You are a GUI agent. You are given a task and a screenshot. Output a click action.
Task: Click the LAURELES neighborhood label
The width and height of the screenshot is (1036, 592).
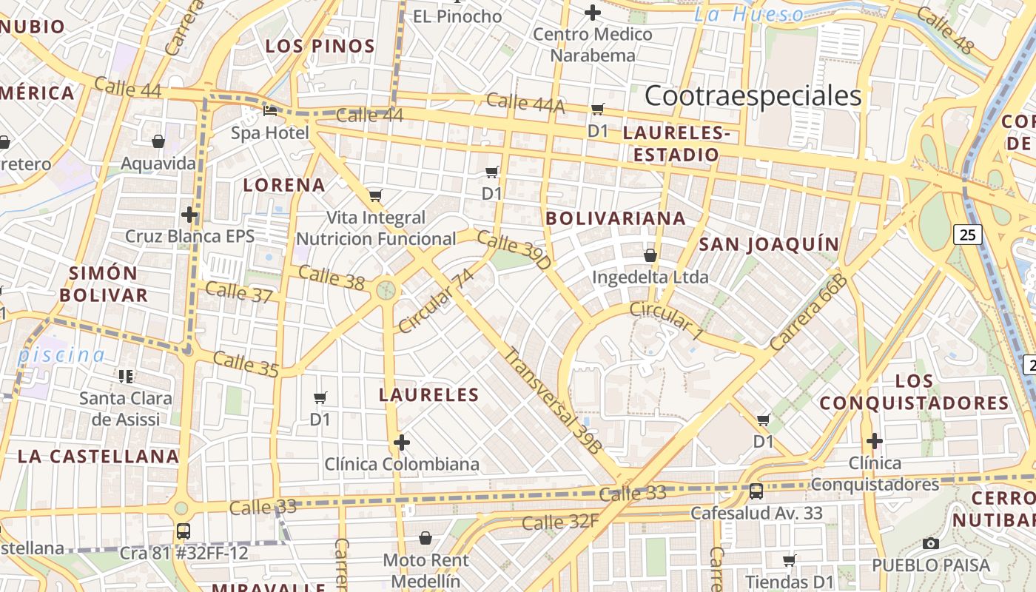(429, 394)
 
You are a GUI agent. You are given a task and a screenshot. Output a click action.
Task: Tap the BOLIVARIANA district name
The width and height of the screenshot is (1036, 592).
(616, 218)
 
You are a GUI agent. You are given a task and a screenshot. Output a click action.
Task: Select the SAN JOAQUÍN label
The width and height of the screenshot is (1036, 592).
(770, 244)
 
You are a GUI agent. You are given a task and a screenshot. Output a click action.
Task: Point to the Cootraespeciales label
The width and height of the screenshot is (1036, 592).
(753, 96)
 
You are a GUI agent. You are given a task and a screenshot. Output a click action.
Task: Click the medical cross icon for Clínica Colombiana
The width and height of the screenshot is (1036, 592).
(402, 443)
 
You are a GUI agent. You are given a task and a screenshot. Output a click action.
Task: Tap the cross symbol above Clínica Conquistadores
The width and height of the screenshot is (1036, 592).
(875, 441)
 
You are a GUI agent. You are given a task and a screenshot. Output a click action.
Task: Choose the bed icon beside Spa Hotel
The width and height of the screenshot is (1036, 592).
(270, 111)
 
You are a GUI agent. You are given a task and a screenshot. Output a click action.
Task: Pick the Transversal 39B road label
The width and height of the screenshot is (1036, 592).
(553, 400)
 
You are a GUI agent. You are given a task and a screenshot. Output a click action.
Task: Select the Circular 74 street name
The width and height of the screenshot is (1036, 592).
(435, 301)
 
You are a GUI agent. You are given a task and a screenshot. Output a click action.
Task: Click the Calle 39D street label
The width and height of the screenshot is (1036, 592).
(514, 249)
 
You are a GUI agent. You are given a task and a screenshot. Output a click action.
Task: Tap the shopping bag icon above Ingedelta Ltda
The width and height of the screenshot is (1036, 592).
(650, 255)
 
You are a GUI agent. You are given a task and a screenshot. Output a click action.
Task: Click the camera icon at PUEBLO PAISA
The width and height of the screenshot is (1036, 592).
(931, 543)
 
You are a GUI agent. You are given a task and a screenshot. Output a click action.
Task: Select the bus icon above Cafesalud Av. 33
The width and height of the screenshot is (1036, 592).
(756, 491)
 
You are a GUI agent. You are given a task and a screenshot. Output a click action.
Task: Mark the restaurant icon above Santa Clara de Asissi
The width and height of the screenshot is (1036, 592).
(126, 376)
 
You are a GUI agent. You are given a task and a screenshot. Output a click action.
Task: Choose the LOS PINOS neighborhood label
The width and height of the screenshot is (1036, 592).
(320, 46)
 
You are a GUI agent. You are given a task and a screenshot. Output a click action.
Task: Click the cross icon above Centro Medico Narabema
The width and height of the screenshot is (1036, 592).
(593, 13)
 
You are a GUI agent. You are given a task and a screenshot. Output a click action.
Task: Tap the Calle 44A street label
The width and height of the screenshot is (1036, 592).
(525, 104)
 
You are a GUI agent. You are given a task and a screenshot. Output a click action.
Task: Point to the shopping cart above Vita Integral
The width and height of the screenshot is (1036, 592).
(376, 196)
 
